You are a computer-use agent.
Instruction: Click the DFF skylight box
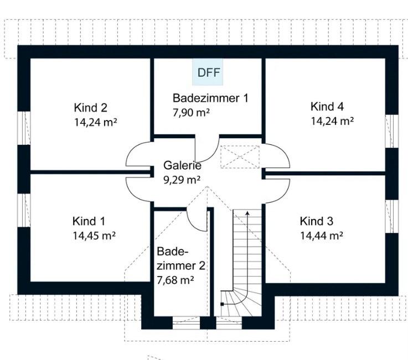pyautogui.click(x=209, y=72)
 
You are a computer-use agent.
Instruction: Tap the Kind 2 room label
pyautogui.click(x=90, y=107)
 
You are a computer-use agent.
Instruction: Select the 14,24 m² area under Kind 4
pyautogui.click(x=332, y=121)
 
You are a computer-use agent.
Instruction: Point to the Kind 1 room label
pyautogui.click(x=88, y=221)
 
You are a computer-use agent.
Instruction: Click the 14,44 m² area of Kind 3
pyautogui.click(x=322, y=235)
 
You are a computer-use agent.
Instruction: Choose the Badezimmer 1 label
pyautogui.click(x=210, y=98)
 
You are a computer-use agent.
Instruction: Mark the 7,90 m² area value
pyautogui.click(x=192, y=112)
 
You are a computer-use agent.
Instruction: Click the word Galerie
pyautogui.click(x=182, y=165)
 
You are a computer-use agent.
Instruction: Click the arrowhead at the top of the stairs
pyautogui.click(x=247, y=212)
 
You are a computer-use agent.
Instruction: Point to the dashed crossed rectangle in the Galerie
pyautogui.click(x=240, y=156)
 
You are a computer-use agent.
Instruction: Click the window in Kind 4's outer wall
pyautogui.click(x=392, y=131)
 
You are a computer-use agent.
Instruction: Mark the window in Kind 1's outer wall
pyautogui.click(x=23, y=210)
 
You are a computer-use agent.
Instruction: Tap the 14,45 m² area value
pyautogui.click(x=94, y=235)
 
